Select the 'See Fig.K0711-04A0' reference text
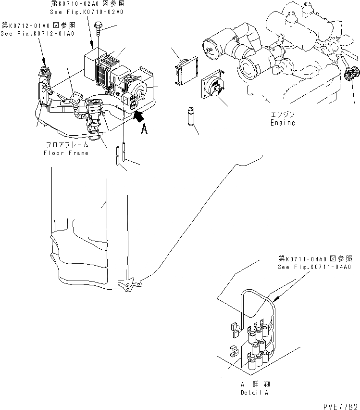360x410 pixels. tap(315, 267)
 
